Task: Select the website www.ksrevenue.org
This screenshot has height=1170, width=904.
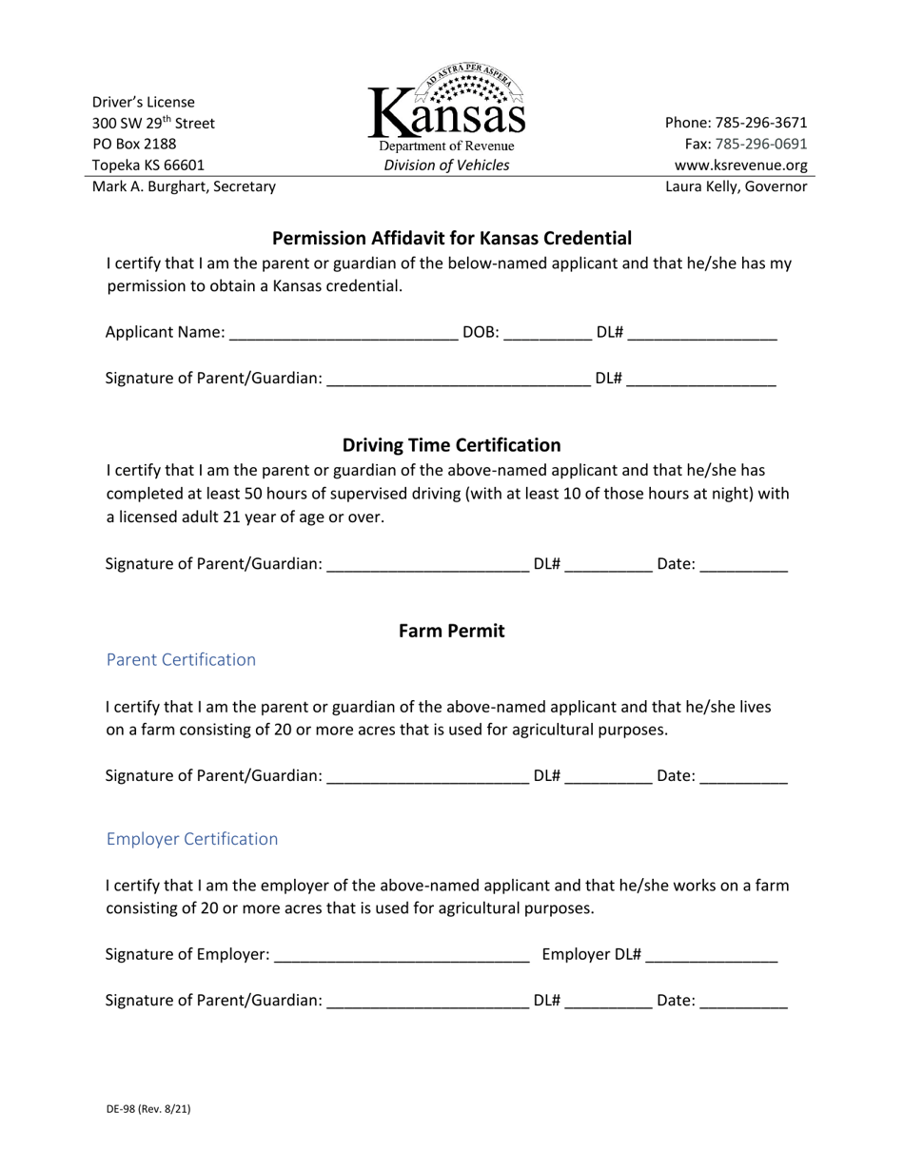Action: pos(740,165)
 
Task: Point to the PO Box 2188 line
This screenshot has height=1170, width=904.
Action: pos(134,144)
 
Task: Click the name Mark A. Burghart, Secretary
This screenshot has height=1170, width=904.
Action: pos(184,186)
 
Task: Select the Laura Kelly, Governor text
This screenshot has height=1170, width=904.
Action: pos(737,186)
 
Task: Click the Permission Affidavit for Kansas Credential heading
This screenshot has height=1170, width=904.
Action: pos(452,238)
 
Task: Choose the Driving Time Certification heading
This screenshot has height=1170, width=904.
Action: pos(451,445)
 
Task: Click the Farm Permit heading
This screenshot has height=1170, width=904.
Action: pos(451,631)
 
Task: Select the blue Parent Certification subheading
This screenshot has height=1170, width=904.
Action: pos(181,660)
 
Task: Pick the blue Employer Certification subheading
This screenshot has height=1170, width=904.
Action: pos(192,839)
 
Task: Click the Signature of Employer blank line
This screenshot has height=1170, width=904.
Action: pos(402,956)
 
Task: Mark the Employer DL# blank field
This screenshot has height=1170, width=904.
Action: pos(712,956)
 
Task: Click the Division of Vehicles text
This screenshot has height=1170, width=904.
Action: pos(446,166)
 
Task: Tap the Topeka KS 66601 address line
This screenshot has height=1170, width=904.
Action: pos(148,165)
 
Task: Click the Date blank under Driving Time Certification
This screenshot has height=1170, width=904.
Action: pos(743,566)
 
